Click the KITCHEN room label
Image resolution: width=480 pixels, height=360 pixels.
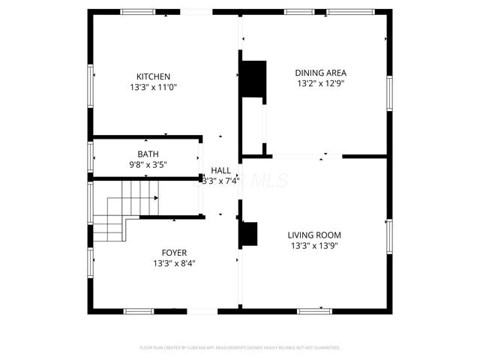click(153, 76)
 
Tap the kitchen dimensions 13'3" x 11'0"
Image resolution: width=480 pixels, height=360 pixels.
click(153, 87)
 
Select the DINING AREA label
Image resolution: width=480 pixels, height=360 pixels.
click(320, 73)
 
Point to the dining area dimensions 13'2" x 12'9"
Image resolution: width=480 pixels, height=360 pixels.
click(320, 84)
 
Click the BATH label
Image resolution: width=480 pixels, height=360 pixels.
click(148, 154)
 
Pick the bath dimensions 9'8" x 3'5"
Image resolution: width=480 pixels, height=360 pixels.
click(148, 164)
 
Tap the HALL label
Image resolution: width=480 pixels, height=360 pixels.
click(220, 170)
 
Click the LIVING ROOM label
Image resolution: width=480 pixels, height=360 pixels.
click(315, 234)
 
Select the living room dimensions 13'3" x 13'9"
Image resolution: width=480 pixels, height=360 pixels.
click(315, 245)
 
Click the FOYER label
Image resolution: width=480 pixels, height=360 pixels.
click(175, 253)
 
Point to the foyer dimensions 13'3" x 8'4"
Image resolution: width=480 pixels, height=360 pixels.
click(175, 263)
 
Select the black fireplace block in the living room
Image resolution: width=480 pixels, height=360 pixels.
click(248, 235)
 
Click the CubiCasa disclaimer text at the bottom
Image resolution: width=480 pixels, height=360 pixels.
click(240, 348)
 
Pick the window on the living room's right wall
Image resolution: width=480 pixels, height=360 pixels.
click(388, 235)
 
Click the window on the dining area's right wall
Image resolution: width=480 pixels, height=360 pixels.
click(388, 92)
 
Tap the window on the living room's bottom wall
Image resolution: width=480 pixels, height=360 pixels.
click(315, 310)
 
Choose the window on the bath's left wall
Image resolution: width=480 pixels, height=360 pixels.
click(91, 158)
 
